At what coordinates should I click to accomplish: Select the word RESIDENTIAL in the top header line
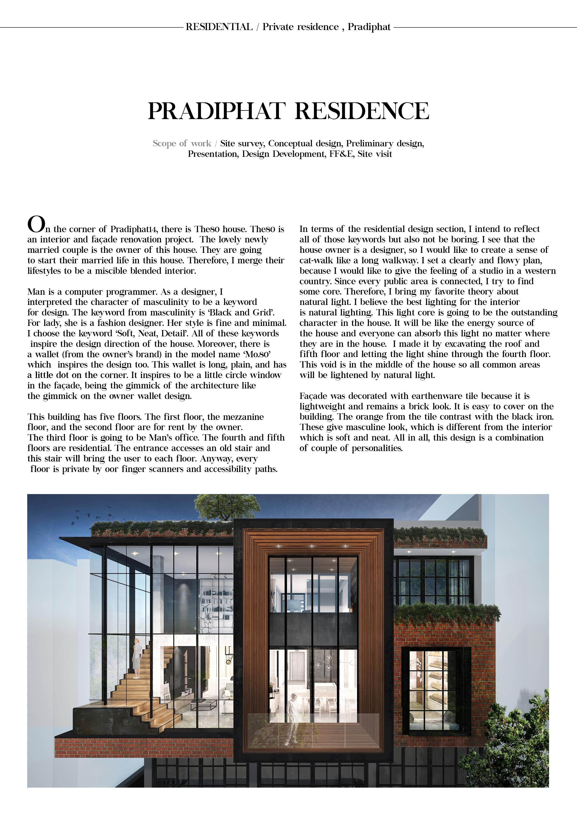click(219, 27)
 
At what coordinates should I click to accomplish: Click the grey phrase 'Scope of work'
click(182, 143)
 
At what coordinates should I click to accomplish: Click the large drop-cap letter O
click(36, 224)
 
